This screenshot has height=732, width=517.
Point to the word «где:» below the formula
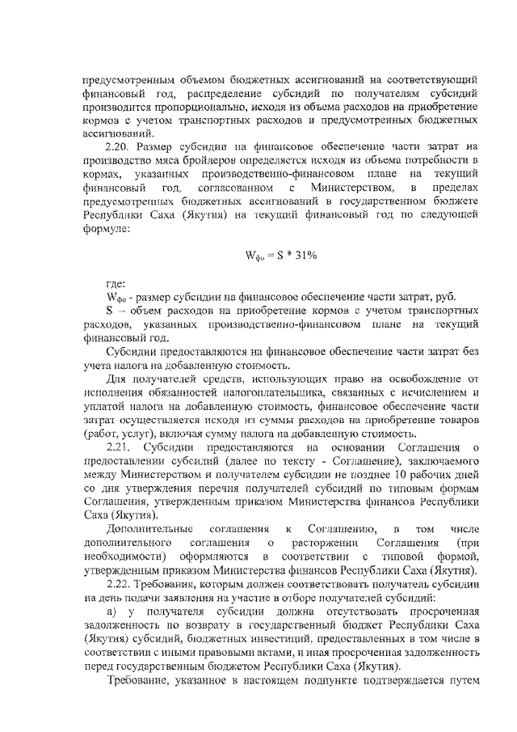pyautogui.click(x=117, y=284)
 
